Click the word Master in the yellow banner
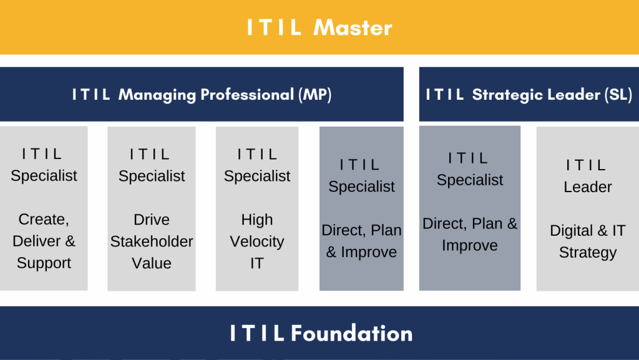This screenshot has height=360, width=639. pos(353,27)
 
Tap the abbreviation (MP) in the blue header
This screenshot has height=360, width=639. pos(315,94)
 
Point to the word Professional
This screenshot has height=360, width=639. pos(247,94)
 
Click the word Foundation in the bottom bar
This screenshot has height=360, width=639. pos(352,333)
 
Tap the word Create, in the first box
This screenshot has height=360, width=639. pos(44,220)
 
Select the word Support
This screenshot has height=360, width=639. pos(44,263)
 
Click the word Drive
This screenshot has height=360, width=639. pos(152,220)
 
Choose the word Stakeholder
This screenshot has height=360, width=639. pos(152,241)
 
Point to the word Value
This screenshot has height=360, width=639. pos(152,263)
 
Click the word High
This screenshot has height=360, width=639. pos(256,220)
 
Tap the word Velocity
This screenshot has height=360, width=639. pos(256,242)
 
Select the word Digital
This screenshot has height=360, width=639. pos(572,231)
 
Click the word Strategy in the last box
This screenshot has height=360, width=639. pos(588,253)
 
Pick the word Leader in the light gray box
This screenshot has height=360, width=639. pos(588,187)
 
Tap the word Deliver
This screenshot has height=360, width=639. pos(36,241)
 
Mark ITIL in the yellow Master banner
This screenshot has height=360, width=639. pos(274,27)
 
